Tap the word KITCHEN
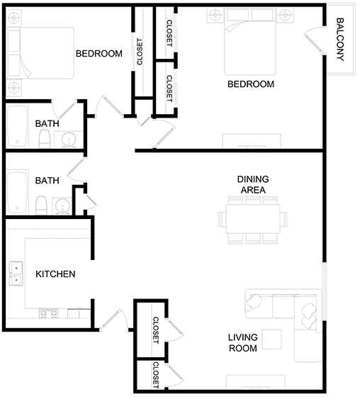pyautogui.click(x=55, y=274)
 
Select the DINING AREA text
pyautogui.click(x=252, y=185)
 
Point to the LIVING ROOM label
pyautogui.click(x=243, y=342)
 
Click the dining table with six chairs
pyautogui.click(x=252, y=220)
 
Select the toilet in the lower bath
pyautogui.click(x=42, y=204)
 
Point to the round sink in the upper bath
pyautogui.click(x=69, y=139)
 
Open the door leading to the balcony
pyautogui.click(x=313, y=38)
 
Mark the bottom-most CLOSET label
pyautogui.click(x=155, y=376)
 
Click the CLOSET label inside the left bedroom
pyautogui.click(x=140, y=52)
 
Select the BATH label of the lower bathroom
pyautogui.click(x=47, y=181)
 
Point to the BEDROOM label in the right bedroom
pyautogui.click(x=250, y=84)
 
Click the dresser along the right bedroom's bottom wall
pyautogui.click(x=252, y=140)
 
